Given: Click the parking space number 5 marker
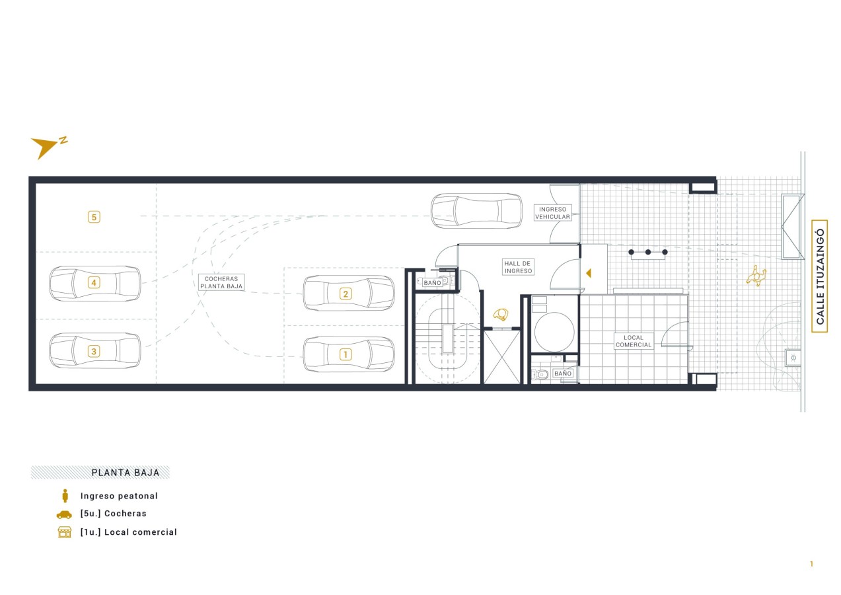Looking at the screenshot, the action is pyautogui.click(x=94, y=217).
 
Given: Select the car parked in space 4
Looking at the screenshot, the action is pyautogui.click(x=95, y=283).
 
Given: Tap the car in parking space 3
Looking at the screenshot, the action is pyautogui.click(x=95, y=351).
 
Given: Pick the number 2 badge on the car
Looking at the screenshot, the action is pyautogui.click(x=346, y=294).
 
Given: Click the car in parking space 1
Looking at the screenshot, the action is pyautogui.click(x=349, y=354).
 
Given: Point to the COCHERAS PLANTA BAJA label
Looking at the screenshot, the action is pyautogui.click(x=221, y=282).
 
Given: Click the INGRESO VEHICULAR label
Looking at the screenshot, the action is pyautogui.click(x=553, y=213).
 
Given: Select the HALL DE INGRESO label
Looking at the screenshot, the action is pyautogui.click(x=518, y=267).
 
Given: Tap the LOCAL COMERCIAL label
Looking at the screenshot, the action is pyautogui.click(x=634, y=341).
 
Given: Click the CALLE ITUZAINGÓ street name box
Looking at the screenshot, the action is pyautogui.click(x=820, y=276).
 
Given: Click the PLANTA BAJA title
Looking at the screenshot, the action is pyautogui.click(x=126, y=473).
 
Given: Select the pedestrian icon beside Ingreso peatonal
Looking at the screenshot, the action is pyautogui.click(x=65, y=495).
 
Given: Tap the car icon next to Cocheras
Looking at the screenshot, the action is pyautogui.click(x=64, y=514).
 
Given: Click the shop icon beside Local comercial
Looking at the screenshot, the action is pyautogui.click(x=65, y=532).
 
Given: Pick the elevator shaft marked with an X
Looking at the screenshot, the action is pyautogui.click(x=501, y=357).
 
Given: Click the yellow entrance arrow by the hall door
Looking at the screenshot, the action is pyautogui.click(x=589, y=273).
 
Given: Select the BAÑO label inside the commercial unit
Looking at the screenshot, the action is pyautogui.click(x=563, y=374).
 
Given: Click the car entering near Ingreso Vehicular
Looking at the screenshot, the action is pyautogui.click(x=476, y=211).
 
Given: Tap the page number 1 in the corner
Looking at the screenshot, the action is pyautogui.click(x=811, y=564).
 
